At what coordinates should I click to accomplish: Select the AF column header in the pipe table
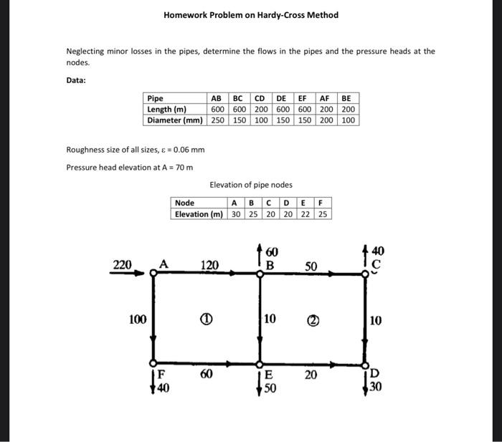pos(324,99)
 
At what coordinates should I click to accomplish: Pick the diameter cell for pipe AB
pos(217,120)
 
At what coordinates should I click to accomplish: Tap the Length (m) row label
pos(167,110)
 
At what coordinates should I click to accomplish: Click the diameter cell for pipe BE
pos(348,120)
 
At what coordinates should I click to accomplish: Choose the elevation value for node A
pos(236,214)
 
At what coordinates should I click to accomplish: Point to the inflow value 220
pos(123,265)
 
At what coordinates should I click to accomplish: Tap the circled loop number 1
pos(206,319)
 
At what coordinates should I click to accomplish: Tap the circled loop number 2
pos(312,319)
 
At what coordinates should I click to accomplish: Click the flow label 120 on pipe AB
pos(209,266)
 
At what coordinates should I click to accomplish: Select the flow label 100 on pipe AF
pos(137,319)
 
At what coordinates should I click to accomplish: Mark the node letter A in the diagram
pos(163,264)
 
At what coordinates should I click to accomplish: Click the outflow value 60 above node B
pos(272,252)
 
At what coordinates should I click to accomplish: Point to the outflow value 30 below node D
pos(376,385)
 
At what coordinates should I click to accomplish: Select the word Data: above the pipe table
pos(76,80)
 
